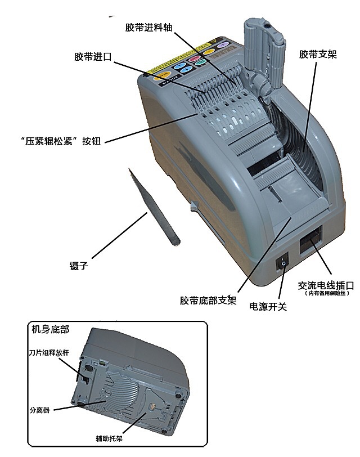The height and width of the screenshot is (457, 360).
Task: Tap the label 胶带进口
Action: click(x=93, y=57)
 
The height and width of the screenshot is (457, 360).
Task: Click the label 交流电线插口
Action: click(x=325, y=285)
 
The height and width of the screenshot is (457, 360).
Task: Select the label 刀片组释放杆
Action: click(x=47, y=353)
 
